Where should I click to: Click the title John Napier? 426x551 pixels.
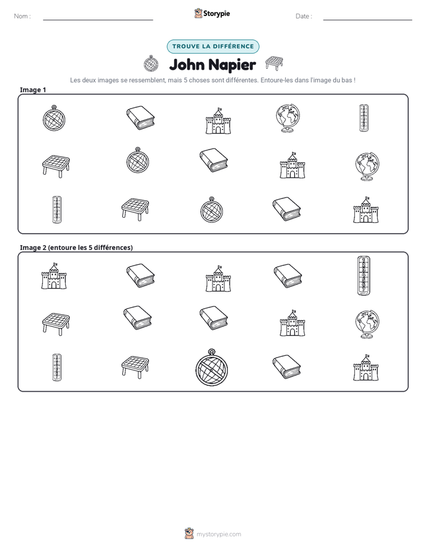(212, 64)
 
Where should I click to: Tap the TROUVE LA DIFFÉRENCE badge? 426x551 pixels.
(213, 47)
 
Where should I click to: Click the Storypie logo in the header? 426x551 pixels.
(212, 13)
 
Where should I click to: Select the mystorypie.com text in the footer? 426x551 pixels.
(218, 534)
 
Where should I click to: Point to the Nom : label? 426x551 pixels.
(22, 16)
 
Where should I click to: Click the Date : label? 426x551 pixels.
(304, 16)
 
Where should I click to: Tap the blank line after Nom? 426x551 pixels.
(98, 20)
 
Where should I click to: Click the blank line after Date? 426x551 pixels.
(368, 20)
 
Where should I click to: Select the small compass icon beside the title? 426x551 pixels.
(151, 64)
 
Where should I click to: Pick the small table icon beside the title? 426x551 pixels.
(274, 63)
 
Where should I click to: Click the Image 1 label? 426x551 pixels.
(33, 89)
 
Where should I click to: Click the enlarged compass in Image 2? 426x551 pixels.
(212, 367)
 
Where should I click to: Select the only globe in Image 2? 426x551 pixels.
(367, 324)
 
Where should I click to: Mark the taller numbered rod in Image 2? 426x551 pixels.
(363, 276)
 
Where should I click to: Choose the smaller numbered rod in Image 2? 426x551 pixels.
(57, 367)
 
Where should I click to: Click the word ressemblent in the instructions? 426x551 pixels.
(147, 80)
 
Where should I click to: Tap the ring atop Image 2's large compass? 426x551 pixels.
(211, 351)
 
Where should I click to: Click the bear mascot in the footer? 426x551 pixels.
(189, 534)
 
